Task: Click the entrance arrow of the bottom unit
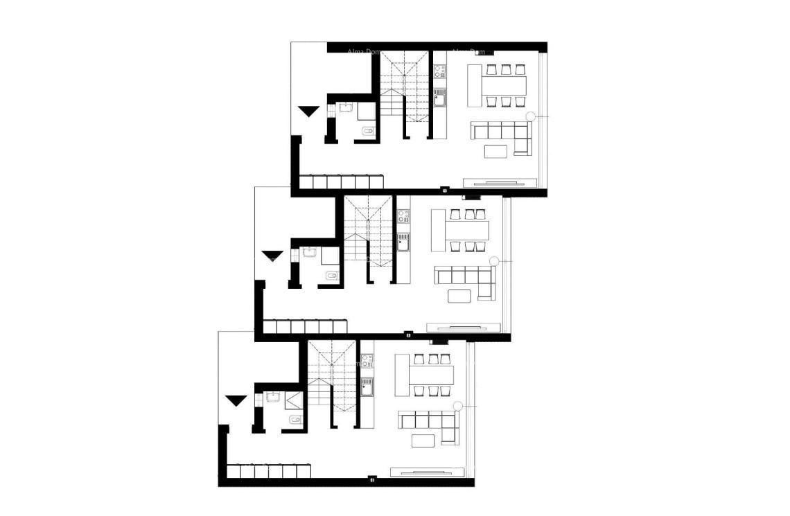point(236,400)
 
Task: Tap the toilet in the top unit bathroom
point(368,131)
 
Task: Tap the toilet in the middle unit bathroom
point(331,276)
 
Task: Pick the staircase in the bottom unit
point(330,382)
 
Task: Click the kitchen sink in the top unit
point(439,97)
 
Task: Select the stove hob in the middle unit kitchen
point(403,216)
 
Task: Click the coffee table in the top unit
point(496,151)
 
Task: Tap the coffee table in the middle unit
point(459,296)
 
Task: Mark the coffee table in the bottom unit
point(423,441)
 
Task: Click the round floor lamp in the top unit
point(531,116)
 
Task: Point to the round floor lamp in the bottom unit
point(457,406)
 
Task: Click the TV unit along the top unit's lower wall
point(500,183)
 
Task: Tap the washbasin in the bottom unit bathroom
point(272,399)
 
